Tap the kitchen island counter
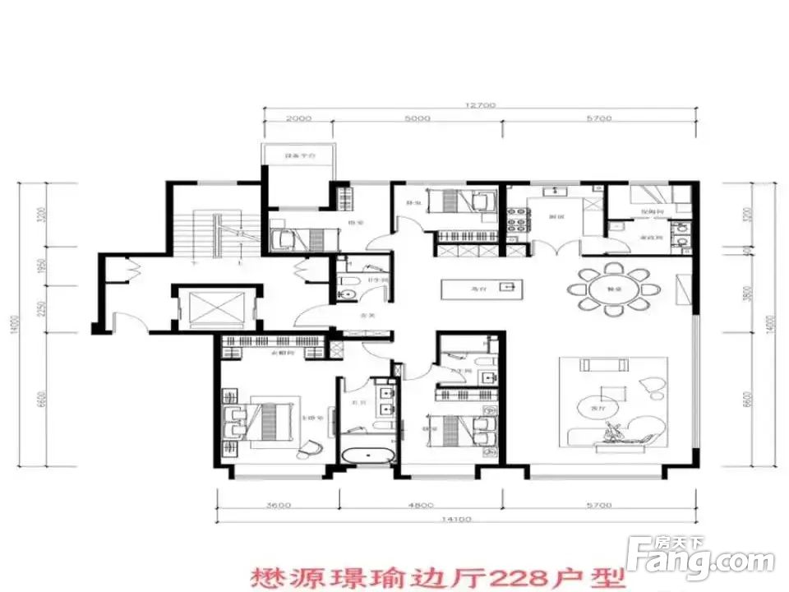tap(479, 289)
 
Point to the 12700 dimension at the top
tap(481, 106)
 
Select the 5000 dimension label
tap(418, 119)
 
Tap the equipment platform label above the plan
tap(297, 155)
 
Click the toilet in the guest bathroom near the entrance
tap(347, 289)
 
